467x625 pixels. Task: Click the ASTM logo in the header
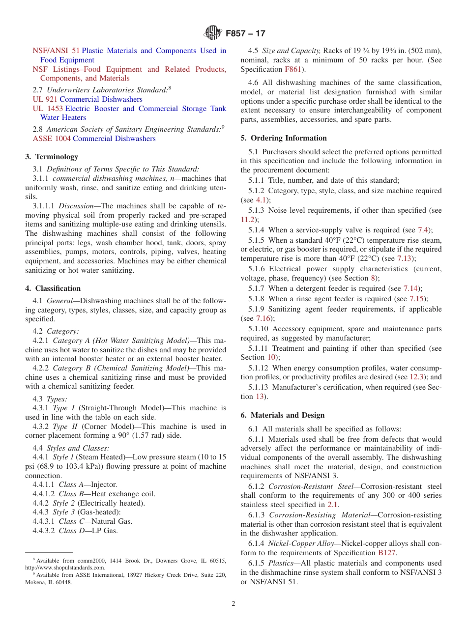coord(213,33)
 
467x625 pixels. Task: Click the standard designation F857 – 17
coord(245,34)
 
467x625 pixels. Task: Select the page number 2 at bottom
coord(233,604)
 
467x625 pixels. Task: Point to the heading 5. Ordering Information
coord(284,138)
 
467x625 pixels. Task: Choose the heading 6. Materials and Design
coord(282,415)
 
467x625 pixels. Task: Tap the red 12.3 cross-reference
coord(416,377)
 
